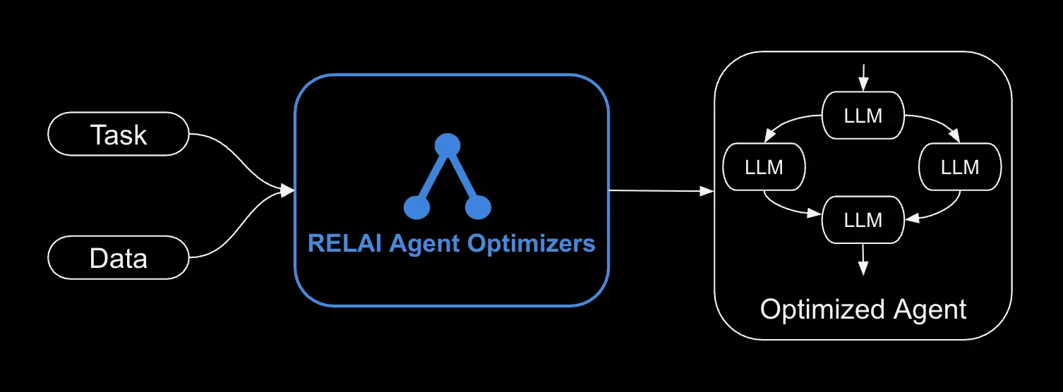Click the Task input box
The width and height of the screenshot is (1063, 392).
coord(118,134)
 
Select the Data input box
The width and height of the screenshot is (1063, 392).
coord(118,257)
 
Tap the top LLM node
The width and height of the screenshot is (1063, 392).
coord(863,115)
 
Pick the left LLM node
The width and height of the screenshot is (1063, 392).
coord(764,167)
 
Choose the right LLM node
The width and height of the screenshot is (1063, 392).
coord(960,167)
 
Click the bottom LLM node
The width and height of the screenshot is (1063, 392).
coord(863,219)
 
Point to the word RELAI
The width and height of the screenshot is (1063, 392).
coord(335,244)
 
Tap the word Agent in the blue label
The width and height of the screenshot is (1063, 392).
coord(414,244)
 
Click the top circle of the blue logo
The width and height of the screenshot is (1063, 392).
coord(447,146)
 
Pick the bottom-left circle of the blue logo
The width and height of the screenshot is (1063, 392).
coord(416,207)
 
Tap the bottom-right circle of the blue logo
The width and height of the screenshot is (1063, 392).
coord(478,207)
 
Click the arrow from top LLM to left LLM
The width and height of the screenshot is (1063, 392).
coord(791,122)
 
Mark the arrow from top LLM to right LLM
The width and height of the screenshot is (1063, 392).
coord(935,121)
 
